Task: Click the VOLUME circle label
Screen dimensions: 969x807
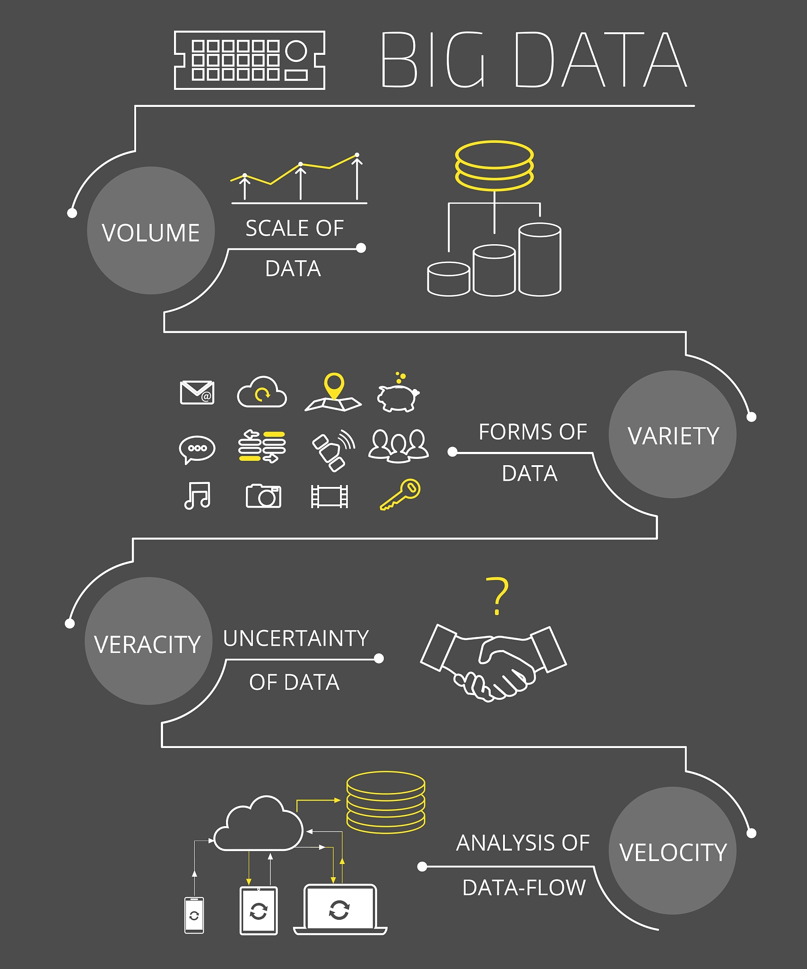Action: point(151,232)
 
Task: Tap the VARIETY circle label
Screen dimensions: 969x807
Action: point(673,436)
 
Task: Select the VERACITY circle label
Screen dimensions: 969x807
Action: point(148,644)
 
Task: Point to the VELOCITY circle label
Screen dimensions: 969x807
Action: point(673,852)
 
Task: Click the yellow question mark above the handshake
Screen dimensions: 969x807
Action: point(497,595)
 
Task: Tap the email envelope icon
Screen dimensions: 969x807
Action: point(197,392)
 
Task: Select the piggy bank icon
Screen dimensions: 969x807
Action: point(398,395)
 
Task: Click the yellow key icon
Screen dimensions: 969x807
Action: point(400,494)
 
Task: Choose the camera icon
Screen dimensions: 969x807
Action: point(263,496)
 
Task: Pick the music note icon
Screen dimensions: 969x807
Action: point(197,495)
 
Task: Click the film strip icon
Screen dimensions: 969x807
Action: point(330,496)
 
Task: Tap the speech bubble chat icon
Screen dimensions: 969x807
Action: point(197,449)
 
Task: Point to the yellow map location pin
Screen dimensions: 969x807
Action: point(334,385)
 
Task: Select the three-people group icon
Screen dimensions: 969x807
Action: point(399,445)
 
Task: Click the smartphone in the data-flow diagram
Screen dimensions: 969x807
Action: point(194,915)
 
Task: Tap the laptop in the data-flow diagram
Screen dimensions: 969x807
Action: point(340,909)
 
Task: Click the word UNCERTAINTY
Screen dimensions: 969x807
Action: point(296,638)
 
